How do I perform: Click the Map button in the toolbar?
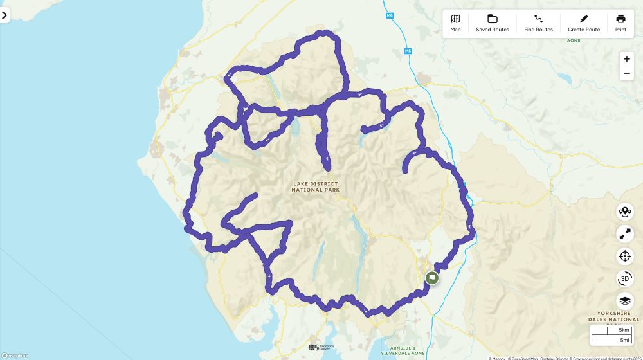[455, 23]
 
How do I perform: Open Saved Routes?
[493, 23]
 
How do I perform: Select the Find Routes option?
[538, 23]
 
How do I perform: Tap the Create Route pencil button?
[584, 23]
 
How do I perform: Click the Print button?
[620, 23]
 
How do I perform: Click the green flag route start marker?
[432, 278]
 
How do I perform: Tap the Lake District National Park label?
[315, 186]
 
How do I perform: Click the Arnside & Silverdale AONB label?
[403, 350]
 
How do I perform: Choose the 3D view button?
[624, 278]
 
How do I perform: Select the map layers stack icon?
[624, 300]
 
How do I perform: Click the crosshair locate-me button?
[624, 256]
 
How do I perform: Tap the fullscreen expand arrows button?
[624, 234]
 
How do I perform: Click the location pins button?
[624, 212]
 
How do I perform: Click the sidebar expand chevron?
[5, 15]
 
